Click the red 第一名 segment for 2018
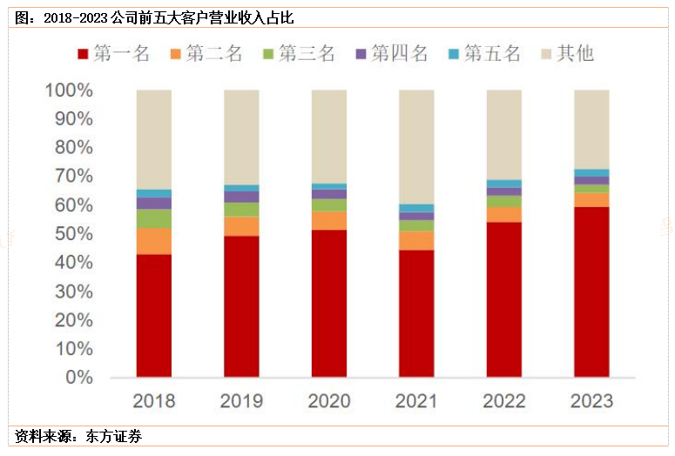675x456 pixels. click(153, 315)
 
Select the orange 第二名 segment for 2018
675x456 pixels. click(153, 241)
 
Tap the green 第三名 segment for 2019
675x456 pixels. click(241, 209)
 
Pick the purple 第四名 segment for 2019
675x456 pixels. click(241, 197)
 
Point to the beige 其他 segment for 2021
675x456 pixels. click(416, 146)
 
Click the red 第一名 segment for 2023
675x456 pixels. click(591, 292)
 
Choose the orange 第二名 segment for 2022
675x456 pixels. click(504, 214)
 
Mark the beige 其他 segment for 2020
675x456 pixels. click(329, 136)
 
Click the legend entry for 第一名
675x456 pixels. click(112, 54)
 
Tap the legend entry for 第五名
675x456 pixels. click(483, 54)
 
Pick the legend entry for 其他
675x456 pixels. click(567, 54)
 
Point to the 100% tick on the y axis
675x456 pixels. click(68, 91)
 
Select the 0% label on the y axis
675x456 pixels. click(78, 378)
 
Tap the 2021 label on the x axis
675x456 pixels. click(416, 401)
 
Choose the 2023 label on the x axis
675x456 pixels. click(591, 401)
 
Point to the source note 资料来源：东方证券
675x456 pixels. click(78, 435)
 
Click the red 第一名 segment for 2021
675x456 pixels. click(416, 313)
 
